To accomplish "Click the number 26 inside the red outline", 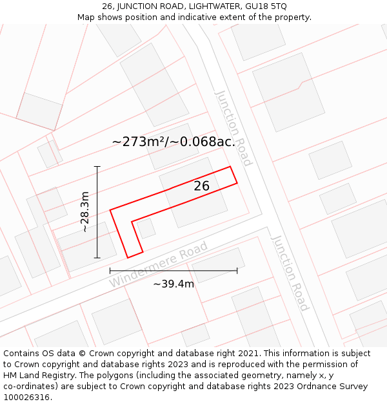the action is [x=202, y=186].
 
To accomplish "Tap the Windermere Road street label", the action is [x=159, y=264].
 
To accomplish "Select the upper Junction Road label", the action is [x=233, y=128].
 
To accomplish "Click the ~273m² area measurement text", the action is [x=140, y=142].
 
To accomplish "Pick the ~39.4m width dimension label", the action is [x=174, y=284].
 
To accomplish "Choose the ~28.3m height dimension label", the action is [x=84, y=212].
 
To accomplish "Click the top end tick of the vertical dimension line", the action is [x=97, y=167].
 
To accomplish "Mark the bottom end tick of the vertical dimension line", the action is [x=97, y=258].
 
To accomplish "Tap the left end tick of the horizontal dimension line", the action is [x=110, y=270].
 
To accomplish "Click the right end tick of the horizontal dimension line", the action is [x=237, y=270].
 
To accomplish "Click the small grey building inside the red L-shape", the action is [x=146, y=228].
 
